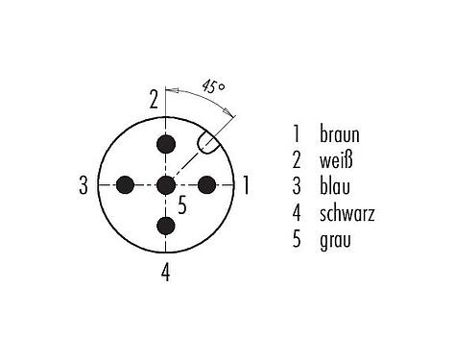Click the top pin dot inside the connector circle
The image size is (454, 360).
(167, 144)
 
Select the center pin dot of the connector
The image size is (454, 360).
(167, 184)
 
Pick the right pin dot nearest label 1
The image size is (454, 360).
(207, 184)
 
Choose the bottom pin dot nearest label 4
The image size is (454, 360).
(167, 226)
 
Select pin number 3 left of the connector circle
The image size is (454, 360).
(84, 185)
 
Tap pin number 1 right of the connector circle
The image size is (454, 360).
(247, 184)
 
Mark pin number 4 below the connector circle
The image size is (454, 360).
(166, 272)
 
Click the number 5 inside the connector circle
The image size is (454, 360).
(183, 204)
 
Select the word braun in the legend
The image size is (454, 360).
(340, 133)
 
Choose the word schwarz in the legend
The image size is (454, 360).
(347, 212)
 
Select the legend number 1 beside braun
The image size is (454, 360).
(298, 133)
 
